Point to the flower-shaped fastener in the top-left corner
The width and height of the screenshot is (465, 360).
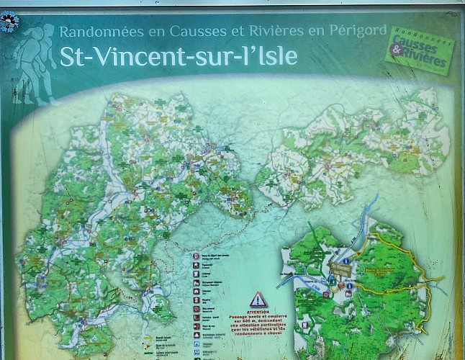pos(9,22)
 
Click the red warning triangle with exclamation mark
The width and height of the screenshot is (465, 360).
pos(258,299)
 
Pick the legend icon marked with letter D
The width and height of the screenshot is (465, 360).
pos(196,255)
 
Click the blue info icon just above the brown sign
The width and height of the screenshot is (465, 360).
pos(346,260)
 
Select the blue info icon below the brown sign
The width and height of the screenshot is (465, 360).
pos(349,286)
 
